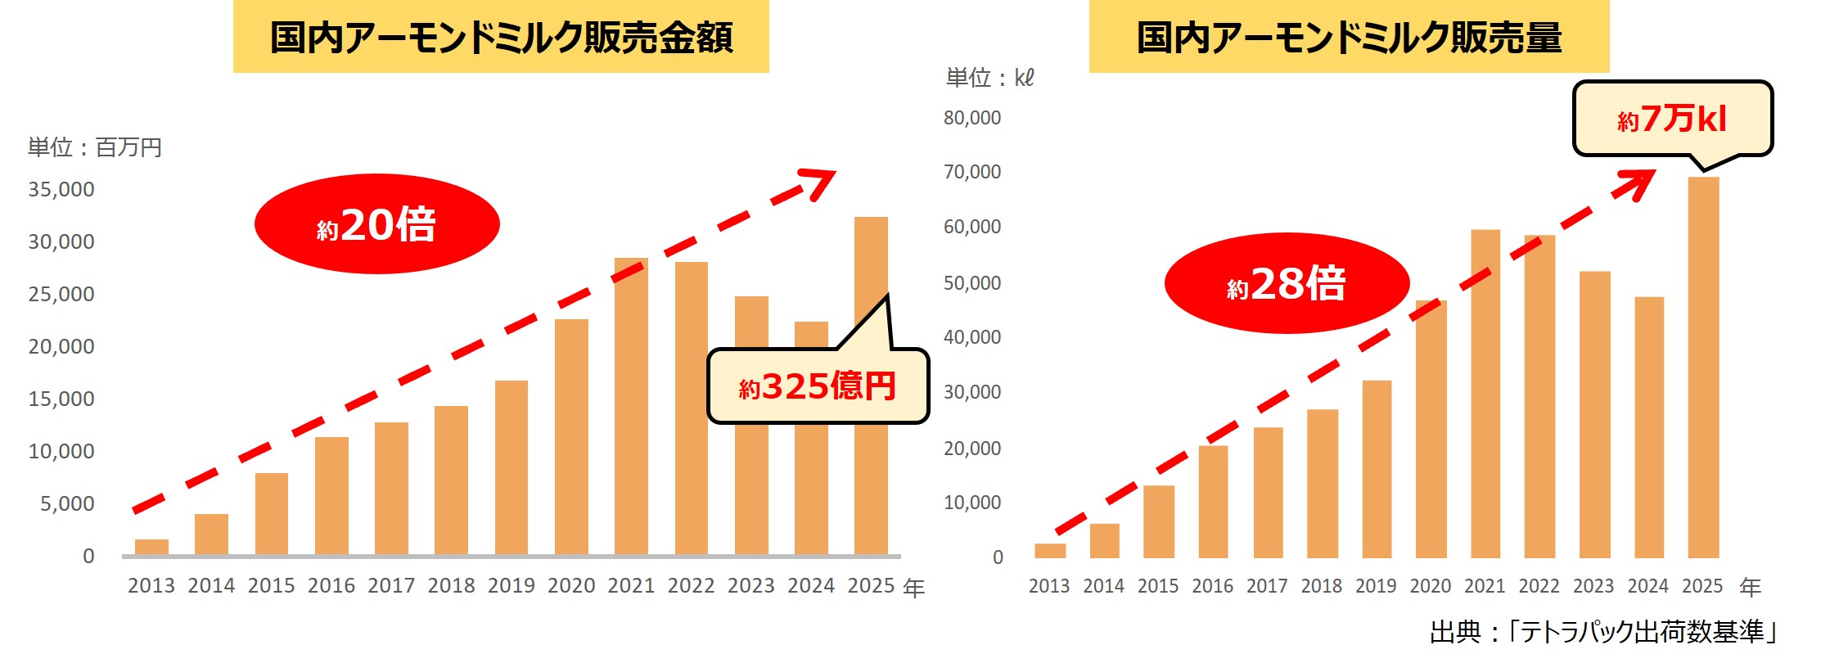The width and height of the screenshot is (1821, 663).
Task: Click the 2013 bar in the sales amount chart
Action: click(x=151, y=547)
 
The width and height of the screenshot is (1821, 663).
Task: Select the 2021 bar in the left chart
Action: click(x=631, y=409)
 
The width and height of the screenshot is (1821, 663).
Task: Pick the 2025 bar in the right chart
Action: click(x=1703, y=368)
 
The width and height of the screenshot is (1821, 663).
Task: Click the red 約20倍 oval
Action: click(x=377, y=223)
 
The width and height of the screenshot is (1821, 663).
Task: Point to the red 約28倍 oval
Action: click(x=1287, y=283)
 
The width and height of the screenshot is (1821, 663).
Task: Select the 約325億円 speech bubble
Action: click(x=818, y=386)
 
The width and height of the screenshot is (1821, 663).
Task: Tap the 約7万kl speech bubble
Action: click(x=1672, y=120)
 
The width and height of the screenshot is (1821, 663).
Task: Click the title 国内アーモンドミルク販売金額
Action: click(x=501, y=38)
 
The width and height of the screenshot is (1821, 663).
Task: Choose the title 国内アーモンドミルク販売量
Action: click(x=1349, y=38)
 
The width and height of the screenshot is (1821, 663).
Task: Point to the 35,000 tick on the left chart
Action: click(x=61, y=189)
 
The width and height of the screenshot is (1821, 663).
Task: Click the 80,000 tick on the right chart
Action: click(x=972, y=118)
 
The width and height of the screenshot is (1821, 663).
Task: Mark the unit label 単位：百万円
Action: click(x=95, y=147)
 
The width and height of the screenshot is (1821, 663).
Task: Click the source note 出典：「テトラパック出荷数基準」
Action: click(x=1604, y=632)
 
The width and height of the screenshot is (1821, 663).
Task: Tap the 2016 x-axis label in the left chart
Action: click(x=331, y=586)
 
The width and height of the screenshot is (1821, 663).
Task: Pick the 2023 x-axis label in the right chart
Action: click(x=1593, y=586)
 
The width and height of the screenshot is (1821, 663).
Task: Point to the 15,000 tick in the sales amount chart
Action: click(x=61, y=399)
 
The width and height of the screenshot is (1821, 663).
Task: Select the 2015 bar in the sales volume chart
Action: click(x=1158, y=521)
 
